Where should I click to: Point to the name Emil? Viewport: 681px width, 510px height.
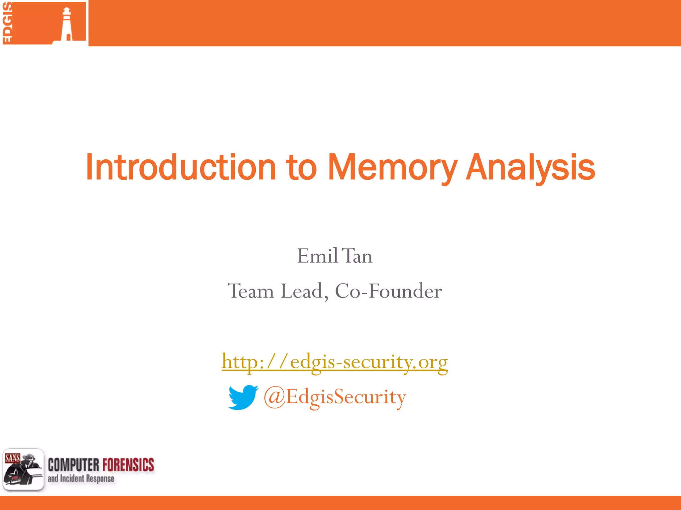317,256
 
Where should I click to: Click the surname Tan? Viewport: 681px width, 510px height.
357,256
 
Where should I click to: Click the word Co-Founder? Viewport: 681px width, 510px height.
388,291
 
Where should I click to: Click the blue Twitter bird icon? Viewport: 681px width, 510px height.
243,397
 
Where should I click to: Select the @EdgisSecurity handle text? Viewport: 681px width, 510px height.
335,397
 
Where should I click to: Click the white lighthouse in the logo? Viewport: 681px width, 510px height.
67,25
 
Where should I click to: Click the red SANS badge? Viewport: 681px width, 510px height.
12,458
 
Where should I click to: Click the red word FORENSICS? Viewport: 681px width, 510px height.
128,465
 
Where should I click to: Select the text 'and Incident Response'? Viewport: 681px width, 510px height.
81,478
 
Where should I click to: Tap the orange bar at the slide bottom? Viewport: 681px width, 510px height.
340,503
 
